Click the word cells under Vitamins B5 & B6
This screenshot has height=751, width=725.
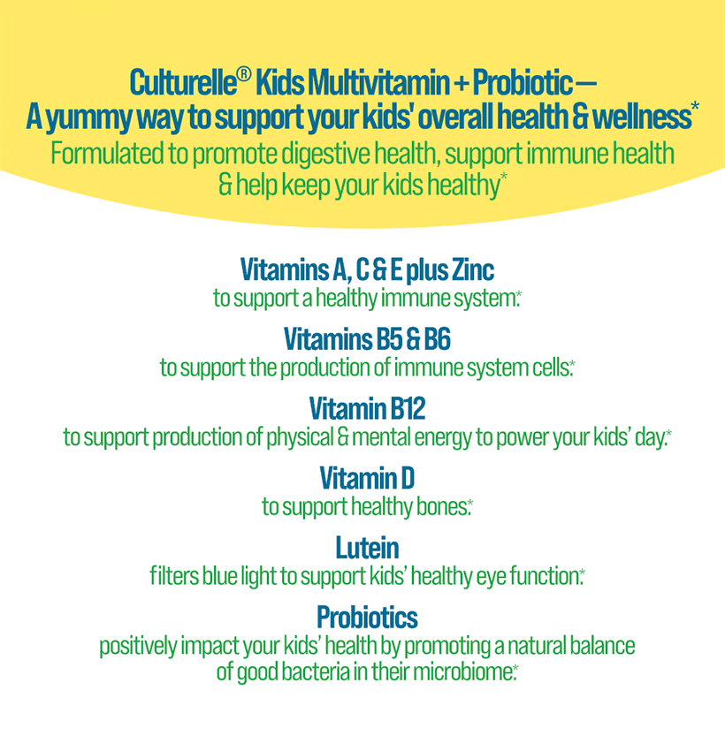point(550,368)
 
